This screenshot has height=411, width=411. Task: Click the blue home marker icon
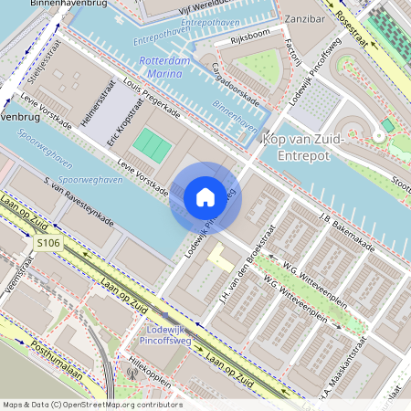click(205, 196)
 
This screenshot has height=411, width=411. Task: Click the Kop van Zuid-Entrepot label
click(302, 146)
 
